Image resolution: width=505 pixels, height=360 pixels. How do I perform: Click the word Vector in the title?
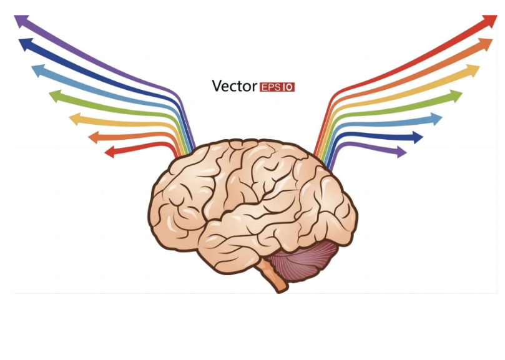pyautogui.click(x=235, y=86)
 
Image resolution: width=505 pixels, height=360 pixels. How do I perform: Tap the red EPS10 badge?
pyautogui.click(x=277, y=87)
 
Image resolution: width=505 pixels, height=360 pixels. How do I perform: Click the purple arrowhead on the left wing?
pyautogui.click(x=21, y=21)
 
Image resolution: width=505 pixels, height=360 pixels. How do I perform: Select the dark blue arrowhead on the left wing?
pyautogui.click(x=26, y=44)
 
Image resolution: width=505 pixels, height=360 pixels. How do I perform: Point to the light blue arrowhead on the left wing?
pyautogui.click(x=39, y=71)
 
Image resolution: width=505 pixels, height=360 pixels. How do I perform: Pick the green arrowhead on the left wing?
pyautogui.click(x=56, y=96)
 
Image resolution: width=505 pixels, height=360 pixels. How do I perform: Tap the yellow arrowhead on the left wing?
pyautogui.click(x=76, y=119)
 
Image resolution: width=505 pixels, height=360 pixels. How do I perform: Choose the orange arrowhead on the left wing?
pyautogui.click(x=94, y=137)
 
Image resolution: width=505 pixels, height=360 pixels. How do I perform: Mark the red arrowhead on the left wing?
pyautogui.click(x=110, y=152)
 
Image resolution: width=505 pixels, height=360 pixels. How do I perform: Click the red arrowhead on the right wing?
pyautogui.click(x=490, y=21)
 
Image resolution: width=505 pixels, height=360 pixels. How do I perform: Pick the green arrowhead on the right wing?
pyautogui.click(x=456, y=96)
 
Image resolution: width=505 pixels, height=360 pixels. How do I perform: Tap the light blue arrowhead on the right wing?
pyautogui.click(x=436, y=119)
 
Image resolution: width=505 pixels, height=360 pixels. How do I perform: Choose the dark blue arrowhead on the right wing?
pyautogui.click(x=418, y=137)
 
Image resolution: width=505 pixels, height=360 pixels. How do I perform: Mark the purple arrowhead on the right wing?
pyautogui.click(x=401, y=152)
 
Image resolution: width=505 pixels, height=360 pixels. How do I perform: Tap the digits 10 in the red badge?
pyautogui.click(x=288, y=87)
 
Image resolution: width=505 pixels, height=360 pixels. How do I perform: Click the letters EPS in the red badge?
pyautogui.click(x=271, y=87)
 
